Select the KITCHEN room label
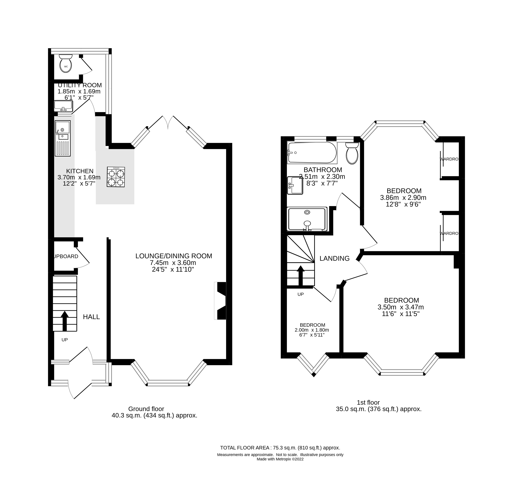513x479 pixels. tap(80, 171)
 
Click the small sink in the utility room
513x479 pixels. tap(63, 106)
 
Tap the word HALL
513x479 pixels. tap(91, 317)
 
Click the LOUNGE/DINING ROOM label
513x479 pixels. tap(174, 256)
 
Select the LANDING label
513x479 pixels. tap(334, 258)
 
